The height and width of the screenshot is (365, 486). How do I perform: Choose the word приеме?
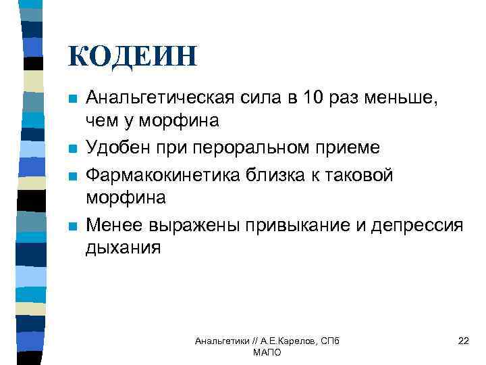pyautogui.click(x=347, y=147)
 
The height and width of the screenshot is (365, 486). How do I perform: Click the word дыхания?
pyautogui.click(x=124, y=247)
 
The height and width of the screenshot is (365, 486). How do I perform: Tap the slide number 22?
pyautogui.click(x=463, y=341)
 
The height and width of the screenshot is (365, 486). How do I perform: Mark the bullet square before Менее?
pyautogui.click(x=73, y=225)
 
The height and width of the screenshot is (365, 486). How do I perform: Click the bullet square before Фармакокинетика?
pyautogui.click(x=73, y=176)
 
